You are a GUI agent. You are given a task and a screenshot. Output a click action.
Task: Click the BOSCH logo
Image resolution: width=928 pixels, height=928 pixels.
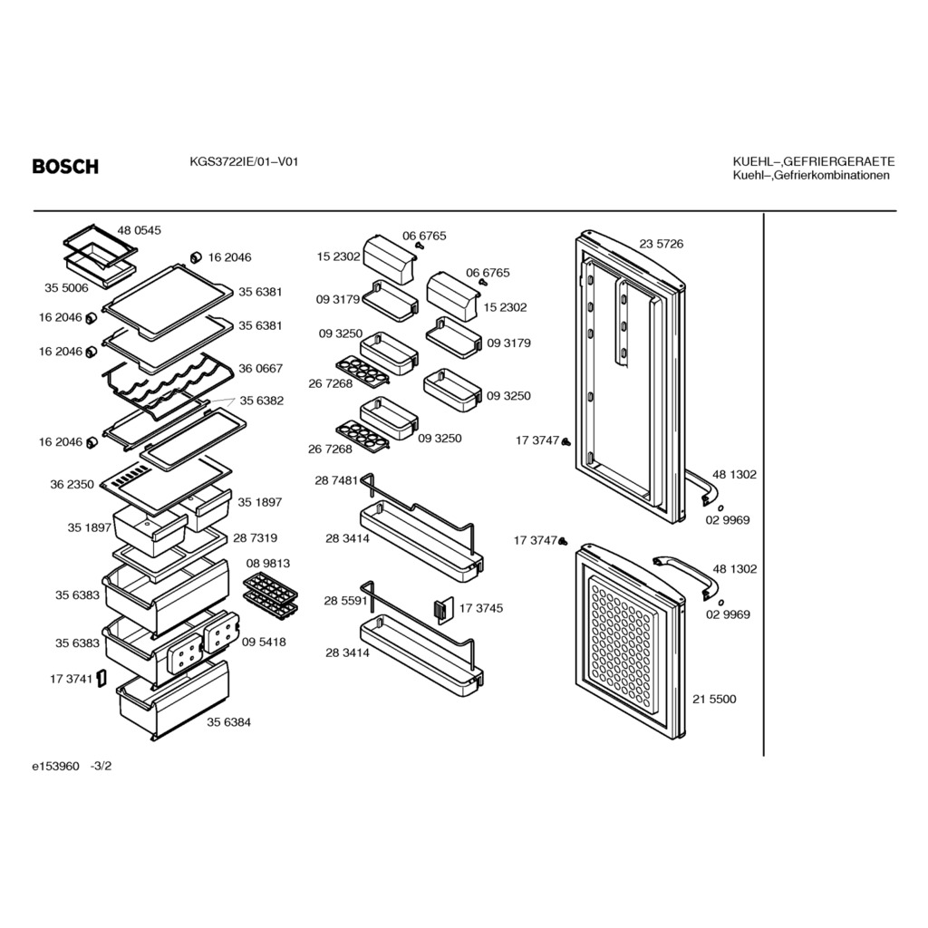[x=65, y=167]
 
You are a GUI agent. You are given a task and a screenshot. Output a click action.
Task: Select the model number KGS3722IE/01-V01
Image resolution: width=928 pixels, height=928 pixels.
[x=244, y=162]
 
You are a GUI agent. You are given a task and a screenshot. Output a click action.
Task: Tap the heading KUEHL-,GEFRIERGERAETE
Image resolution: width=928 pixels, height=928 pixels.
[x=813, y=161]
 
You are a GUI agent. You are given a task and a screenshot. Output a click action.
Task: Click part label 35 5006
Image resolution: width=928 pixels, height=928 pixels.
[x=66, y=288]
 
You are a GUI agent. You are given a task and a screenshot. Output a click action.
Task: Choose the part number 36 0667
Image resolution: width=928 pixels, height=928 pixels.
[x=260, y=369]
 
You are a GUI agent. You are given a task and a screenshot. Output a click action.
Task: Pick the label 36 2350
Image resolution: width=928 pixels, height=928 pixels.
[x=72, y=485]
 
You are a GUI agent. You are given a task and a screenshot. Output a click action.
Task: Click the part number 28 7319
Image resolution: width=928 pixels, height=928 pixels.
[x=255, y=538]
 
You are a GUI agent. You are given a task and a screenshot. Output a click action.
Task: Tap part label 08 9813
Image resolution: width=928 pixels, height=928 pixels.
[x=267, y=564]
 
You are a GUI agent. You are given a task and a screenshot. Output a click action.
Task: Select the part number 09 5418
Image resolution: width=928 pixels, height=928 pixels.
[x=264, y=643]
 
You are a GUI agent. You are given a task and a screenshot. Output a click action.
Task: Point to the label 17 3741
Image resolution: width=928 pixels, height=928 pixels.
[x=72, y=679]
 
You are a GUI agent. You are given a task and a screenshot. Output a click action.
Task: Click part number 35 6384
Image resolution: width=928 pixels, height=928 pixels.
[x=229, y=722]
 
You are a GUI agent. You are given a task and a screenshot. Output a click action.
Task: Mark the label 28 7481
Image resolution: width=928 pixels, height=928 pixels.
[x=337, y=480]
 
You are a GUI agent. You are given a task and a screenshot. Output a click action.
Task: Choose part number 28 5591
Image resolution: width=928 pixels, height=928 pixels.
[x=345, y=601]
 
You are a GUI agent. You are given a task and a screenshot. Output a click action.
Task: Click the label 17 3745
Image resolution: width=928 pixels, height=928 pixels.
[x=481, y=608]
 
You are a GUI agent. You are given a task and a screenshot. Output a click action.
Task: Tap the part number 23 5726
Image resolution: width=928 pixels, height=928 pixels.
[x=661, y=244]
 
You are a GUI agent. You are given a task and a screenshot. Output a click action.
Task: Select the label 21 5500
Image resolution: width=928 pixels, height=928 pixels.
[x=714, y=699]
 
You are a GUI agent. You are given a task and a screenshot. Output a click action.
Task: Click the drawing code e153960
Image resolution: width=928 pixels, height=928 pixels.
[x=55, y=766]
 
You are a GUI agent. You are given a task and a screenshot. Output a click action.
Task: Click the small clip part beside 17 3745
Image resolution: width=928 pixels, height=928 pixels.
[x=442, y=610]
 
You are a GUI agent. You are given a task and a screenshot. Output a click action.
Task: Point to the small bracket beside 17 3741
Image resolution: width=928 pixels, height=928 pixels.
[x=101, y=679]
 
